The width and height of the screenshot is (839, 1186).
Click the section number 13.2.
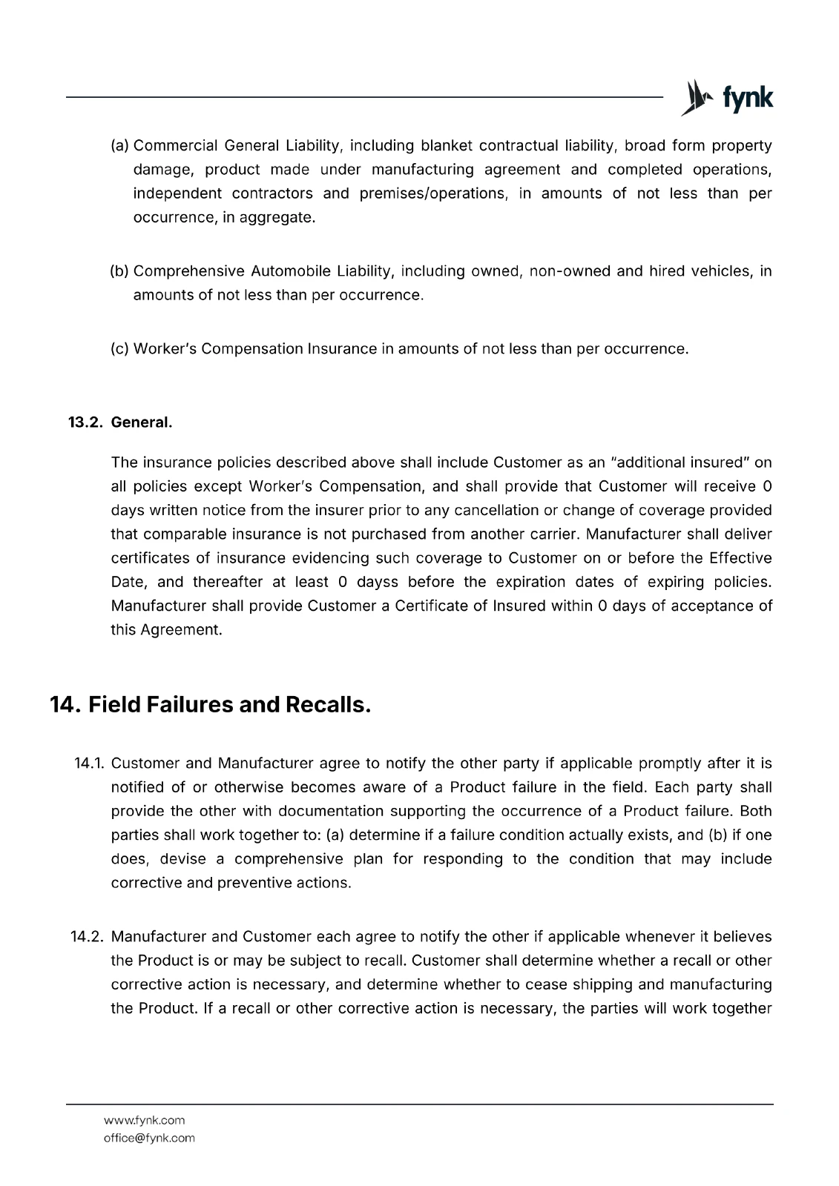click(86, 423)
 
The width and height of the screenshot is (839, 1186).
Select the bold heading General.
click(141, 423)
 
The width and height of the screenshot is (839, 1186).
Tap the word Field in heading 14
click(114, 704)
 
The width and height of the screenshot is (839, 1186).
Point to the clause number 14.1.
click(90, 763)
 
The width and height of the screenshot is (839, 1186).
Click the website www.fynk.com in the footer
click(144, 1120)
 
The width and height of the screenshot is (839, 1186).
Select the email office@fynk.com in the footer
click(149, 1138)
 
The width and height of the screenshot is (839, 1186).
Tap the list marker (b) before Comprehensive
click(119, 271)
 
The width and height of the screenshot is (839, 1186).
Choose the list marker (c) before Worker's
click(119, 348)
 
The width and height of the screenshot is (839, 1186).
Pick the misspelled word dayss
click(378, 582)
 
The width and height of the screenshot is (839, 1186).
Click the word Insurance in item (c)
click(342, 348)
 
